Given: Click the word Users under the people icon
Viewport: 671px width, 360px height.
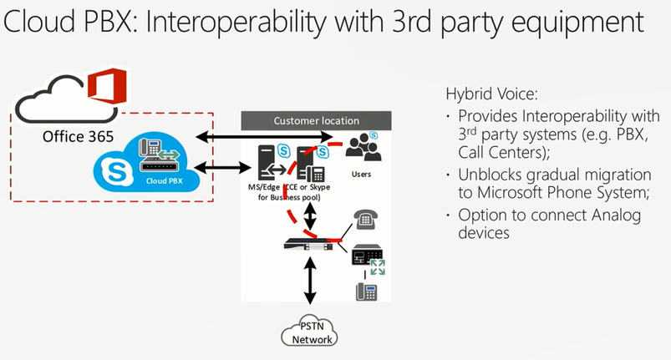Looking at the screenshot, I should pos(361,175).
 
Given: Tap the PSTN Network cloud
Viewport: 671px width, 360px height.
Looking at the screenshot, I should pos(311,332).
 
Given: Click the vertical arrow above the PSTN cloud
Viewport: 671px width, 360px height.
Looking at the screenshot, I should pos(311,281).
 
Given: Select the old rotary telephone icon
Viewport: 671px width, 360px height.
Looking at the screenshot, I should pos(364,220).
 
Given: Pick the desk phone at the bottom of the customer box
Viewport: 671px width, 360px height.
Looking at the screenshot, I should pos(366,292).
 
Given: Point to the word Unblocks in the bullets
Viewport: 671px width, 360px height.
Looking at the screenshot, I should pos(492,175).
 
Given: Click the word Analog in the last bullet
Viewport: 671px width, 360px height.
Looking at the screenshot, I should pos(598,214).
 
